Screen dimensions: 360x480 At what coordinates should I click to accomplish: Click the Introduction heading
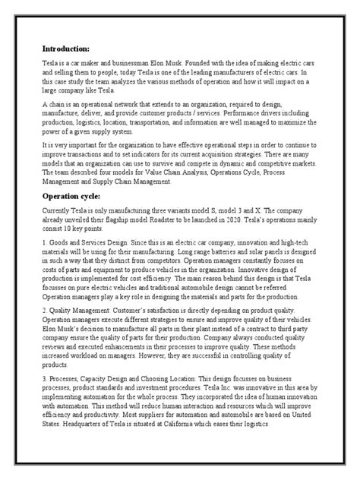(x=70, y=46)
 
